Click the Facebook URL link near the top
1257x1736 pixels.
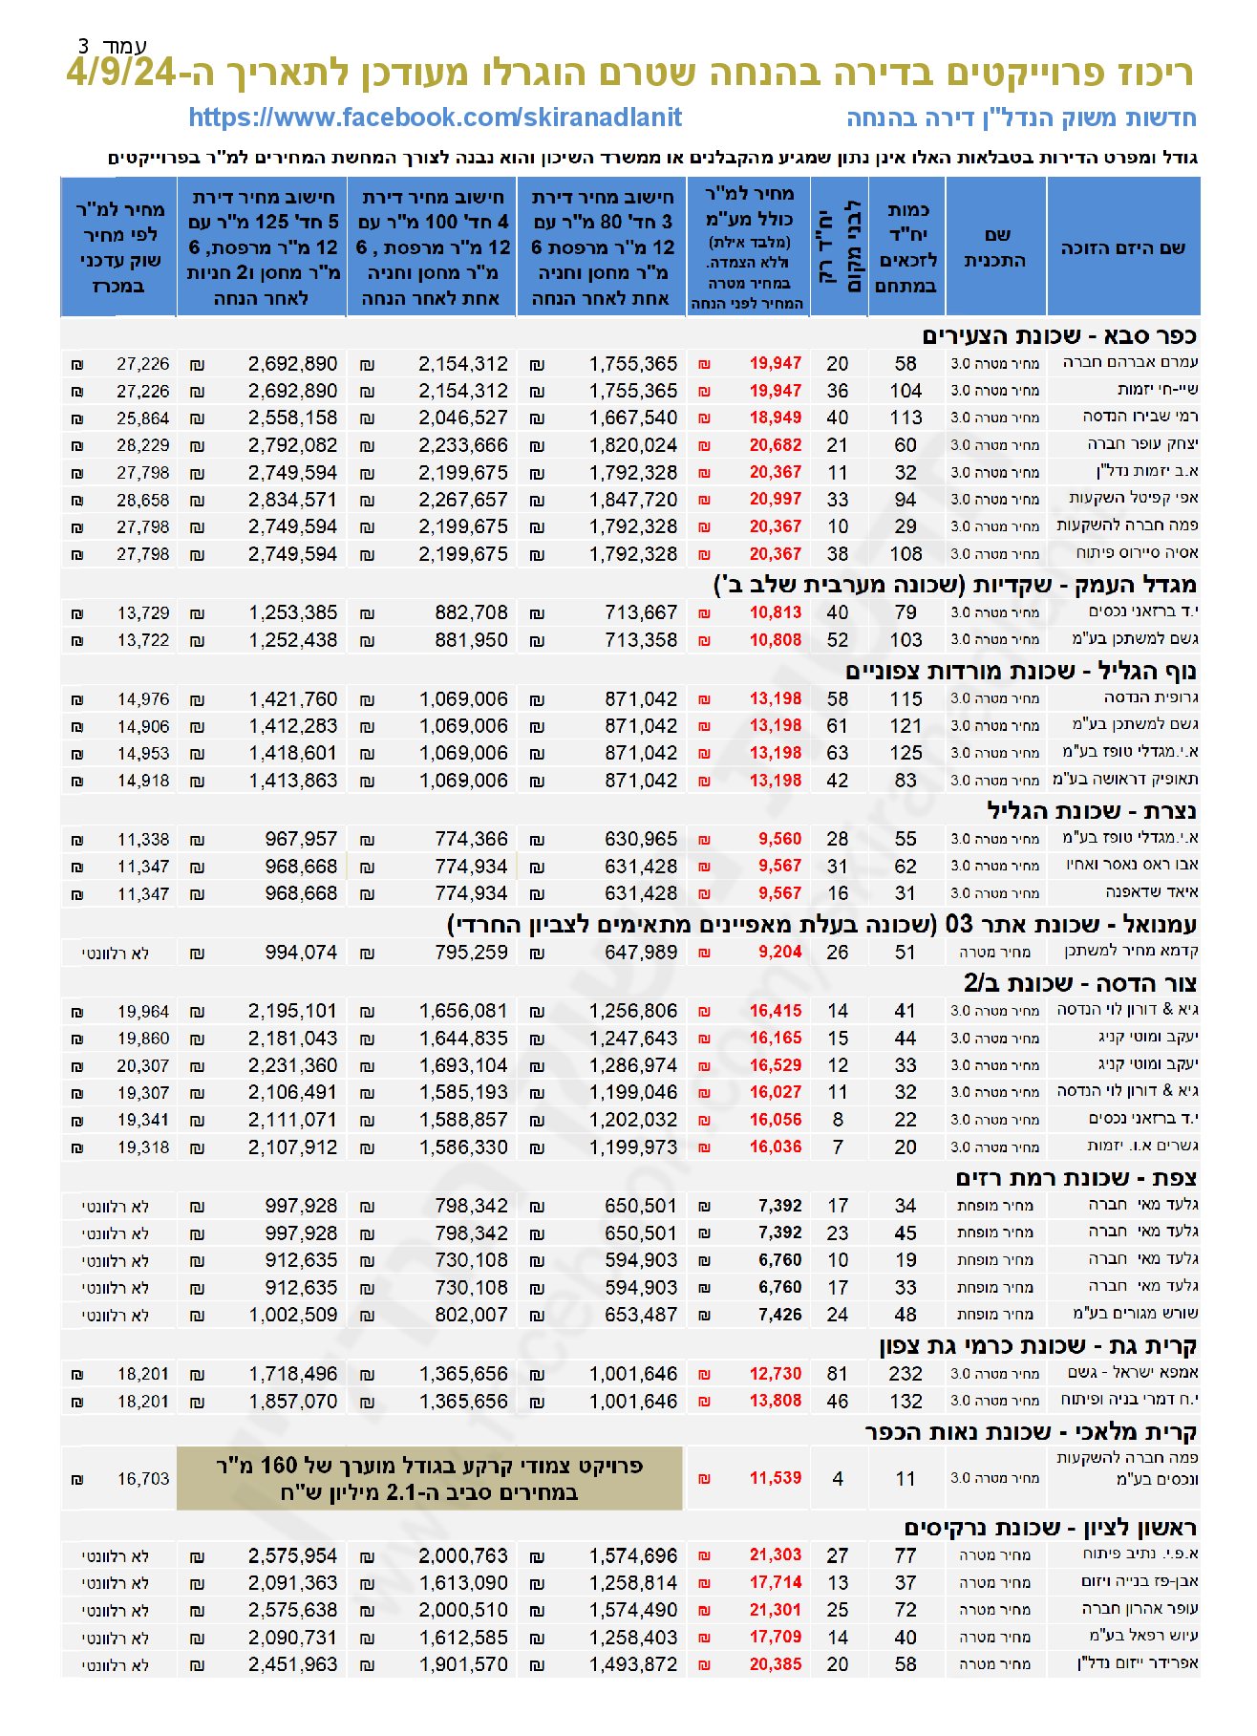[435, 118]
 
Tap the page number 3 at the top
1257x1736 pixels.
[84, 45]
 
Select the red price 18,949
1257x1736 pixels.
[775, 418]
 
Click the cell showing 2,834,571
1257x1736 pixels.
[292, 500]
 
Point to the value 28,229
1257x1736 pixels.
[142, 445]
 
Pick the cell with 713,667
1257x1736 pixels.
[640, 612]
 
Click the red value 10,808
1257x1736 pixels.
[775, 640]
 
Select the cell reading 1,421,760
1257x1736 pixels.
[292, 699]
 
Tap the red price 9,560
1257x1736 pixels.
[779, 839]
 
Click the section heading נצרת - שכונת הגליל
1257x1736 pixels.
[1091, 811]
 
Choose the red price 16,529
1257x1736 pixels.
[775, 1065]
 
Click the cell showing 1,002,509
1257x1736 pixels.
[292, 1315]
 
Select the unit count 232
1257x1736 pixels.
[905, 1374]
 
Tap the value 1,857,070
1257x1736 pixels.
[292, 1402]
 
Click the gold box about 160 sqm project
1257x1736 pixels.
[429, 1478]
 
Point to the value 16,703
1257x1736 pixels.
[142, 1479]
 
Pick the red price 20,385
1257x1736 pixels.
[775, 1664]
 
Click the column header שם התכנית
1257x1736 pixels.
[995, 246]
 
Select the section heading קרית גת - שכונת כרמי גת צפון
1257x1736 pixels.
[1037, 1346]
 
